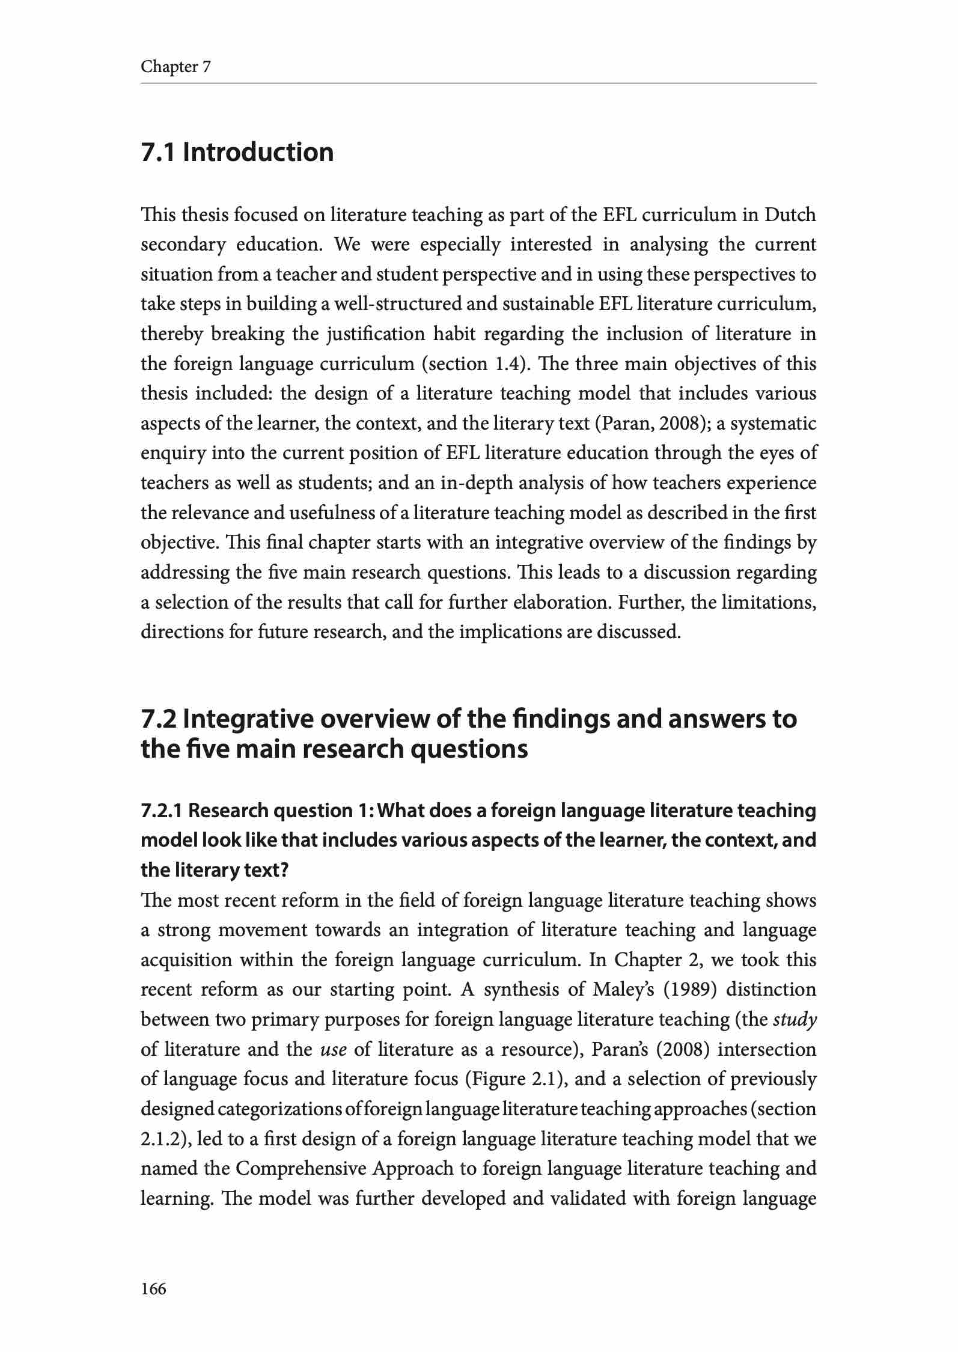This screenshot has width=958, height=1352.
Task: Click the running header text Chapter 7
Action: (175, 67)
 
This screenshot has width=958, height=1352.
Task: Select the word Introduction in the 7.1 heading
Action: (258, 152)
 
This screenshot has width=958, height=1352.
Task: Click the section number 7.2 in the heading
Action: (158, 719)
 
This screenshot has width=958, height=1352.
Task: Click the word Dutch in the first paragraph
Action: (790, 215)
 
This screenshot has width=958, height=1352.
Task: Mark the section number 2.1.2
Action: (166, 1139)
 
